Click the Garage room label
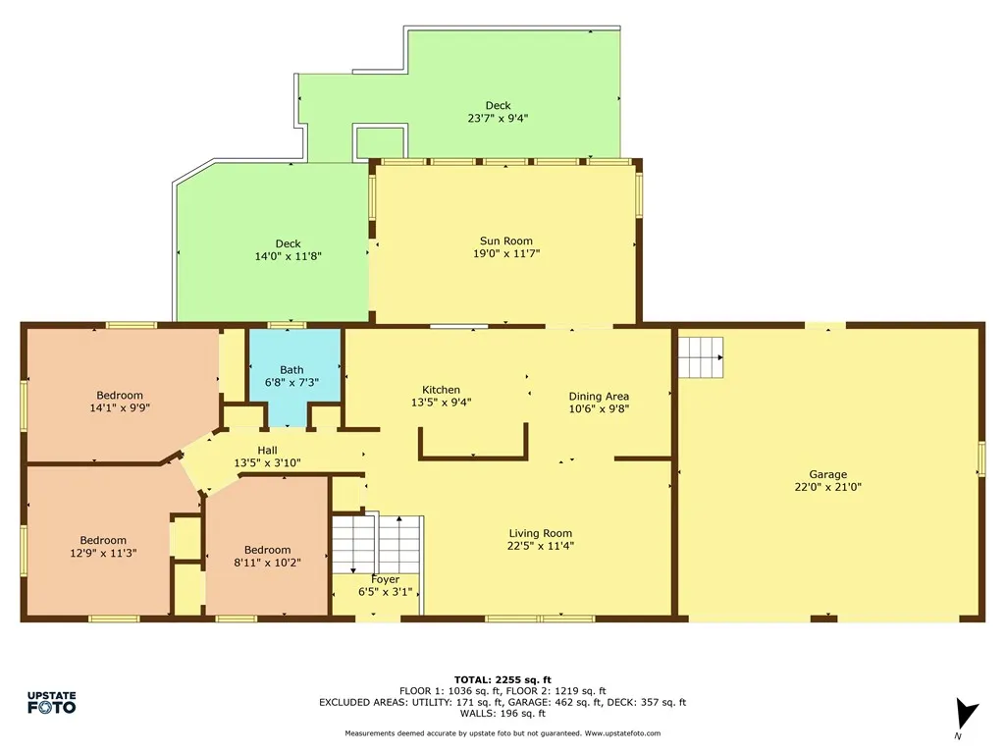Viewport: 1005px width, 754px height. pyautogui.click(x=827, y=474)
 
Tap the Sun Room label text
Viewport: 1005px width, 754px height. pyautogui.click(x=505, y=242)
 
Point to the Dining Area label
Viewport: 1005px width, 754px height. pyautogui.click(x=599, y=397)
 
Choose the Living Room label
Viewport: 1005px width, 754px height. pyautogui.click(x=540, y=533)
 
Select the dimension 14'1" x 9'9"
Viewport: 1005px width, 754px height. pyautogui.click(x=119, y=407)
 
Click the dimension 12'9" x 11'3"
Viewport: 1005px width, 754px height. pyautogui.click(x=103, y=553)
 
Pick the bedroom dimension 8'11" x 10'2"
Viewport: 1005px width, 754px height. pyautogui.click(x=267, y=563)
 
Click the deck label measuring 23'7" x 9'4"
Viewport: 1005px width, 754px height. pyautogui.click(x=498, y=118)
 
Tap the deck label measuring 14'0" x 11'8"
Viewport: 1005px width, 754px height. pyautogui.click(x=288, y=256)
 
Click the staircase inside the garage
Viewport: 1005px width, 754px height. pyautogui.click(x=701, y=356)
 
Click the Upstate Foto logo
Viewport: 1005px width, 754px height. pyautogui.click(x=51, y=702)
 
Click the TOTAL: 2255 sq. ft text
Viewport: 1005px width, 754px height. pyautogui.click(x=502, y=679)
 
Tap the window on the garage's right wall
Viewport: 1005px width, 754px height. pyautogui.click(x=980, y=459)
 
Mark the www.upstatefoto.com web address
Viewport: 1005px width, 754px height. pyautogui.click(x=622, y=733)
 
